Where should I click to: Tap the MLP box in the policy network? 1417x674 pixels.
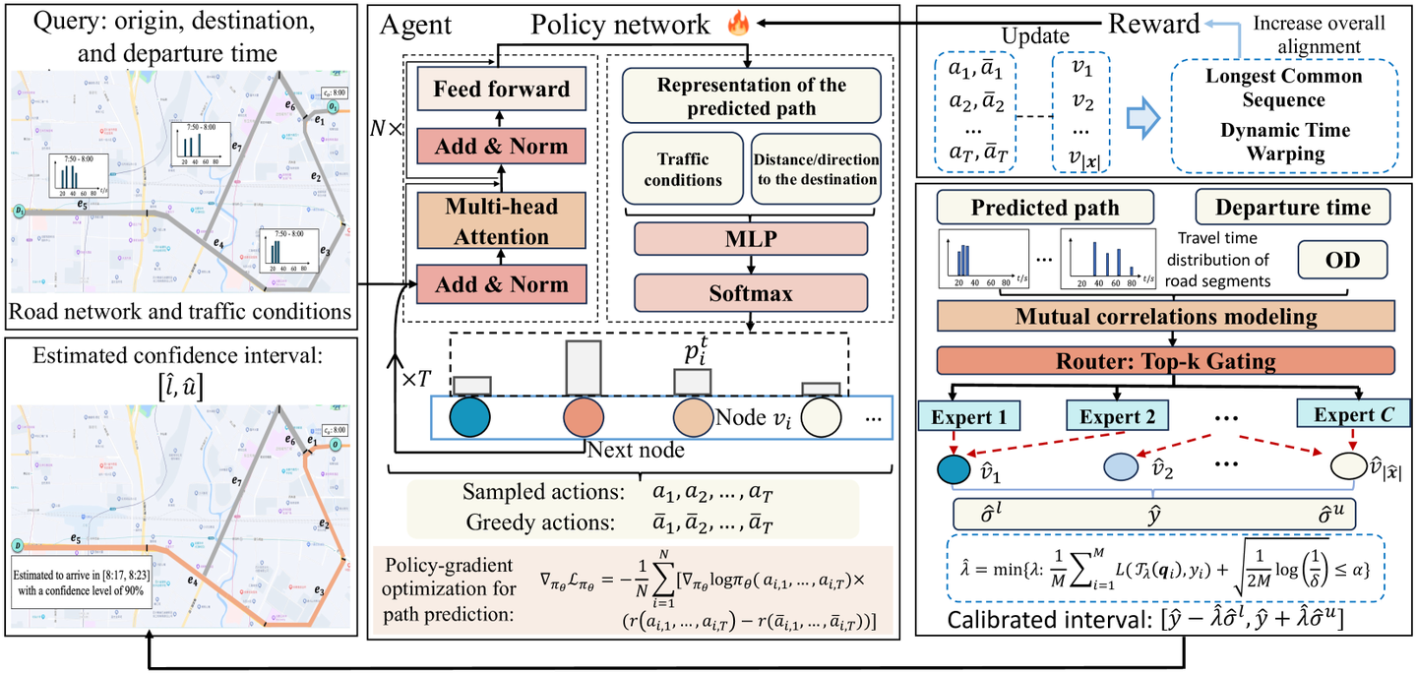[x=750, y=239]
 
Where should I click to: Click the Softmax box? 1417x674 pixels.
[x=750, y=292]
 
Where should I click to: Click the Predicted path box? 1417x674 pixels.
[x=1043, y=208]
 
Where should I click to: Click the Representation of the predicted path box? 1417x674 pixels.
[x=750, y=95]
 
